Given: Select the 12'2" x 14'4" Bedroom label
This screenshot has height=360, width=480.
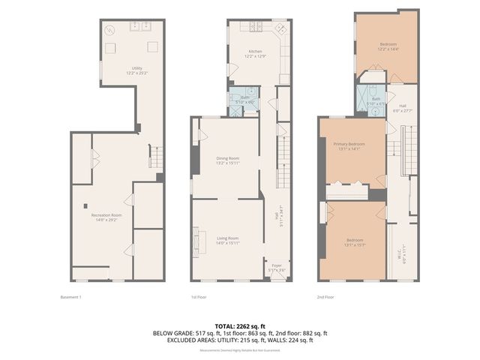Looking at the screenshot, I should (x=388, y=46).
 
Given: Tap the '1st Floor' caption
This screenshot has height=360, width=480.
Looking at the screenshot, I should (x=199, y=297).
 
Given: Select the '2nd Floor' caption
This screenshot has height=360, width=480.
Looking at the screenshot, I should (x=325, y=297).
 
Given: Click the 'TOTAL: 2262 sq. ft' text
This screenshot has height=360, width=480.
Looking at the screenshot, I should (x=240, y=326).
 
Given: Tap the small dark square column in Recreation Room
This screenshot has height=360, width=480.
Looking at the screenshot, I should (x=85, y=205).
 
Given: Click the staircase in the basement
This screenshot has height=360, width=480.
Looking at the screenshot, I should (x=157, y=158).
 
